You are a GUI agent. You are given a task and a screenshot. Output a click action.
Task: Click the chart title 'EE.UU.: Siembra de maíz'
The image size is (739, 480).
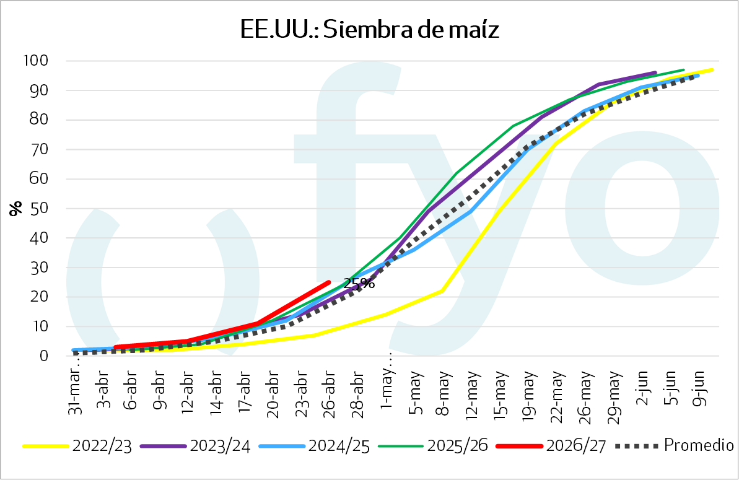tap(370, 29)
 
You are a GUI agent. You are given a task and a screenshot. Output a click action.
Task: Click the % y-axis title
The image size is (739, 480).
tap(16, 208)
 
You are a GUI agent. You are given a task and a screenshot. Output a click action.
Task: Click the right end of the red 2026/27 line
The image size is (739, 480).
tap(328, 282)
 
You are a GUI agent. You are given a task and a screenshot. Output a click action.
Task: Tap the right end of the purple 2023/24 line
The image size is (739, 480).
tap(655, 72)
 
